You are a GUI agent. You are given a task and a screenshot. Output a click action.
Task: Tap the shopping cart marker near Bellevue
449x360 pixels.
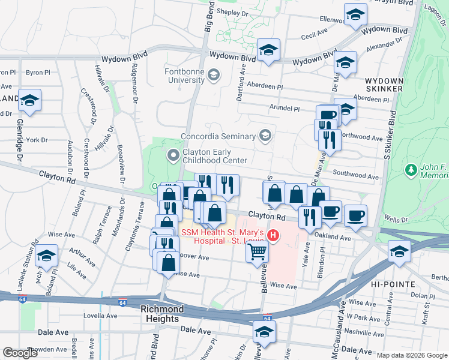click(x=257, y=254)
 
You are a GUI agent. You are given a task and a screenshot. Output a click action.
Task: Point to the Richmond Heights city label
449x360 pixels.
click(x=162, y=314)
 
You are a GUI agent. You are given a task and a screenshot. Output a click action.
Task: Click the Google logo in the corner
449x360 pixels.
click(x=20, y=353)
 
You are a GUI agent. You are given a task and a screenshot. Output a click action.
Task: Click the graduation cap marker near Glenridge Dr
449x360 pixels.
click(x=28, y=101)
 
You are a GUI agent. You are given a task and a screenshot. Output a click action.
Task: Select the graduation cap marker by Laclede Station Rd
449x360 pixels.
click(x=46, y=256)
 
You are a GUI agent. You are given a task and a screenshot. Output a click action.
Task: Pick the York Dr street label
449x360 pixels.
click(x=37, y=140)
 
